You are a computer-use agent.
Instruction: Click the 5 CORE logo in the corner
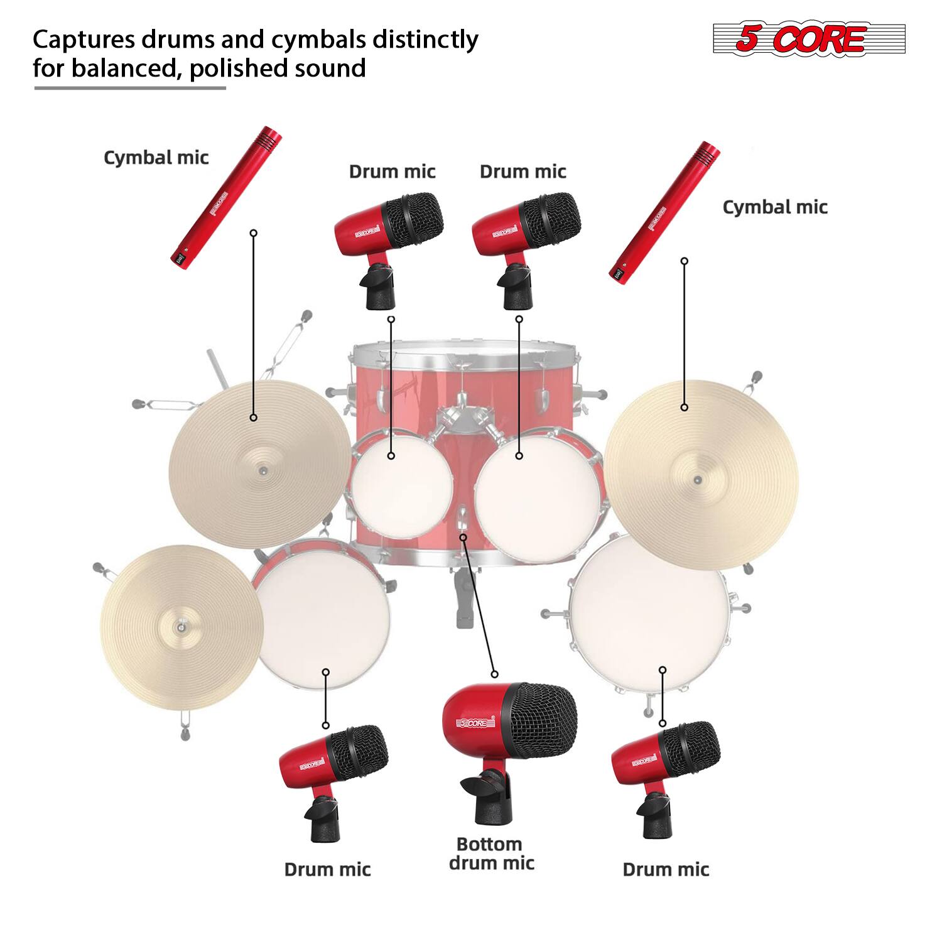[809, 38]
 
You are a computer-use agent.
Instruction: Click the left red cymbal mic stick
[226, 199]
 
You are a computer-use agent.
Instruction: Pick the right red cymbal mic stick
[664, 212]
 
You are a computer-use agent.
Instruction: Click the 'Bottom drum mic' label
[491, 853]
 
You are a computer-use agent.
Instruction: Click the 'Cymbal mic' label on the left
[156, 158]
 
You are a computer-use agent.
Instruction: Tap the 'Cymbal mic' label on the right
[775, 207]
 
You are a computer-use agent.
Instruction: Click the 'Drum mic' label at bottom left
[327, 870]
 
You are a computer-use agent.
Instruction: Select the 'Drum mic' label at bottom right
[666, 870]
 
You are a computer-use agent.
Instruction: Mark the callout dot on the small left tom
[391, 456]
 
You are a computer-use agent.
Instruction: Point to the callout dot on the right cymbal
[685, 408]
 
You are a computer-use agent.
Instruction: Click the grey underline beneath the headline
[130, 88]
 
